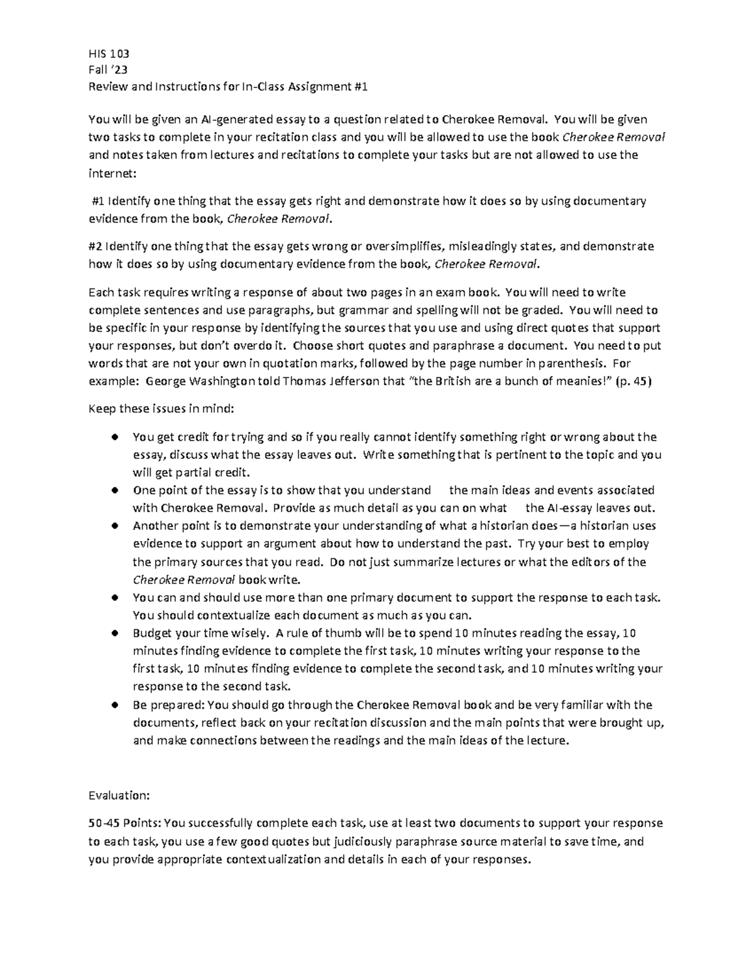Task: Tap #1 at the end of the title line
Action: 360,87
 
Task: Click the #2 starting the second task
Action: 96,246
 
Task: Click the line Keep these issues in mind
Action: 161,408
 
